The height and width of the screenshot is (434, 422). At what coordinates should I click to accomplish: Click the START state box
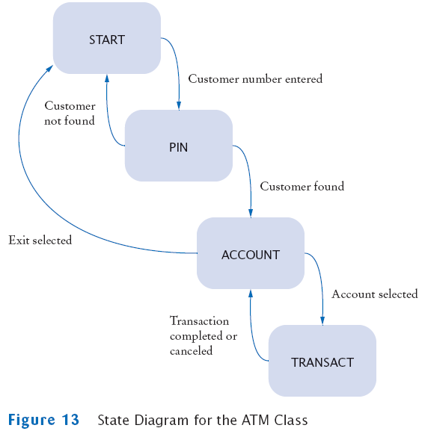pos(107,38)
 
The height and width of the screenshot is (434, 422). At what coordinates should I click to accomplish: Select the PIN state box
pos(179,146)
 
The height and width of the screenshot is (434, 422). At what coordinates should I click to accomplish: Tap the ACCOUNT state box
pos(251,253)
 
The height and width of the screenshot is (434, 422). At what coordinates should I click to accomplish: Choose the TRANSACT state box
pos(322,361)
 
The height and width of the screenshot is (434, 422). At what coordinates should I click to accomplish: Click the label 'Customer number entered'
pos(255,79)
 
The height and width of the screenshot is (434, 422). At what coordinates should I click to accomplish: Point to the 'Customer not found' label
pos(70,114)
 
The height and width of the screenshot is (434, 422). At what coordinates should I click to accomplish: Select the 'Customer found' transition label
pos(302,186)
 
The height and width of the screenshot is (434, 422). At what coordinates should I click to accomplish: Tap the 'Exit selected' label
pos(40,240)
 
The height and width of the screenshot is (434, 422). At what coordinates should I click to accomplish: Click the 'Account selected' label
pos(375,294)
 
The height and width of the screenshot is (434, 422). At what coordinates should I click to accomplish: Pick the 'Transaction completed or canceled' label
pos(204,335)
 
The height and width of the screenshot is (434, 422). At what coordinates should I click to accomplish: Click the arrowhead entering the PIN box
pos(179,106)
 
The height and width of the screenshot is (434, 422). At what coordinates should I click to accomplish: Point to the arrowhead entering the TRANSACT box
pos(322,321)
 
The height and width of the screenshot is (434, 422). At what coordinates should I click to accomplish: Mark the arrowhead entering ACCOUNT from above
pos(251,214)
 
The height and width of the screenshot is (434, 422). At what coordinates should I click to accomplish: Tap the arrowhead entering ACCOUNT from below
pos(251,293)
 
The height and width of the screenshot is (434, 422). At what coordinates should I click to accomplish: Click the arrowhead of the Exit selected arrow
pos(49,69)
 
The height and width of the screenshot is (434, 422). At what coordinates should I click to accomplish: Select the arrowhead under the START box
pos(107,78)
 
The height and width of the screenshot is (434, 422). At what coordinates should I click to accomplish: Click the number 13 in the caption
pos(70,420)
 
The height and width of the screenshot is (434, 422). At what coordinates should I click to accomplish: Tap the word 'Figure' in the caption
pos(31,420)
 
